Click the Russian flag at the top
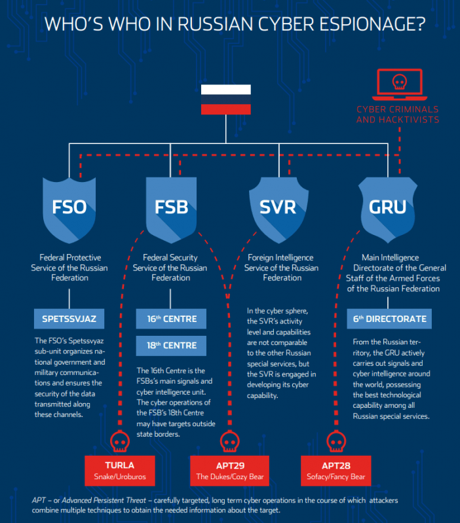(225, 99)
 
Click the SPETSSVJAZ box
(69, 319)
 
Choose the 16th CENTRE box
(171, 319)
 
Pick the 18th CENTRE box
(171, 346)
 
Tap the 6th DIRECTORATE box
(389, 319)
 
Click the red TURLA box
(120, 471)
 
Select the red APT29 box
(229, 471)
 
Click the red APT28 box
(335, 471)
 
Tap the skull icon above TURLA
(120, 441)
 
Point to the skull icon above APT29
(229, 441)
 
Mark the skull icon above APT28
(336, 441)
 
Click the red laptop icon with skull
(400, 84)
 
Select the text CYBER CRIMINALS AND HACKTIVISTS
(398, 115)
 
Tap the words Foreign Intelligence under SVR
(280, 257)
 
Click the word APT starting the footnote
(39, 500)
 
